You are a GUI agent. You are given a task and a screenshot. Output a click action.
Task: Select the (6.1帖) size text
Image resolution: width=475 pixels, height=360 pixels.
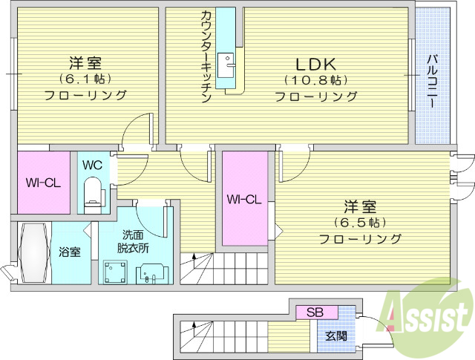point(85,78)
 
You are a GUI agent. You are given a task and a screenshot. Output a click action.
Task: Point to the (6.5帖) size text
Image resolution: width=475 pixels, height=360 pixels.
point(360,222)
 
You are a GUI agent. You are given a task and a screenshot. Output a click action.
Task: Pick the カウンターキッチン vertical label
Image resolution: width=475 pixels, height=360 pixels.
point(206,56)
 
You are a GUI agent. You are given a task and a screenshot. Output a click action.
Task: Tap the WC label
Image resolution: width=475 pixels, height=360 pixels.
point(92,164)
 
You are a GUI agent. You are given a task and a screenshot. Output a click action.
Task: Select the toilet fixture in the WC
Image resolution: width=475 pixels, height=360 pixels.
point(94,192)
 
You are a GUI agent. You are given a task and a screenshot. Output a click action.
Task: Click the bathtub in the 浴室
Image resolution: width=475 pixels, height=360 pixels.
point(34,252)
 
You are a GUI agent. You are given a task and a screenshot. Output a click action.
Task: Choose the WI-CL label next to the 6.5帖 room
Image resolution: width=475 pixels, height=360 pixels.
point(245,199)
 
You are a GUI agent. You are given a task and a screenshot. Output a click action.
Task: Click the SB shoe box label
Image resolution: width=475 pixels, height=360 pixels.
point(316,312)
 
